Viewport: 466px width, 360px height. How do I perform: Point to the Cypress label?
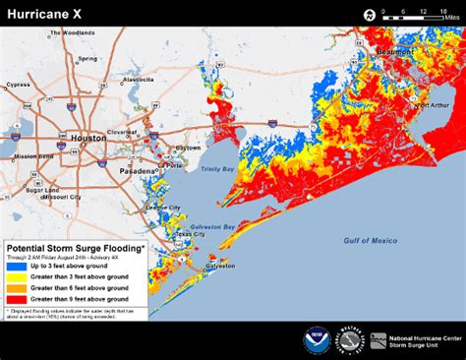coord(19,85)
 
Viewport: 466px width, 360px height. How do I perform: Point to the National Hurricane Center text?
coord(416,337)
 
